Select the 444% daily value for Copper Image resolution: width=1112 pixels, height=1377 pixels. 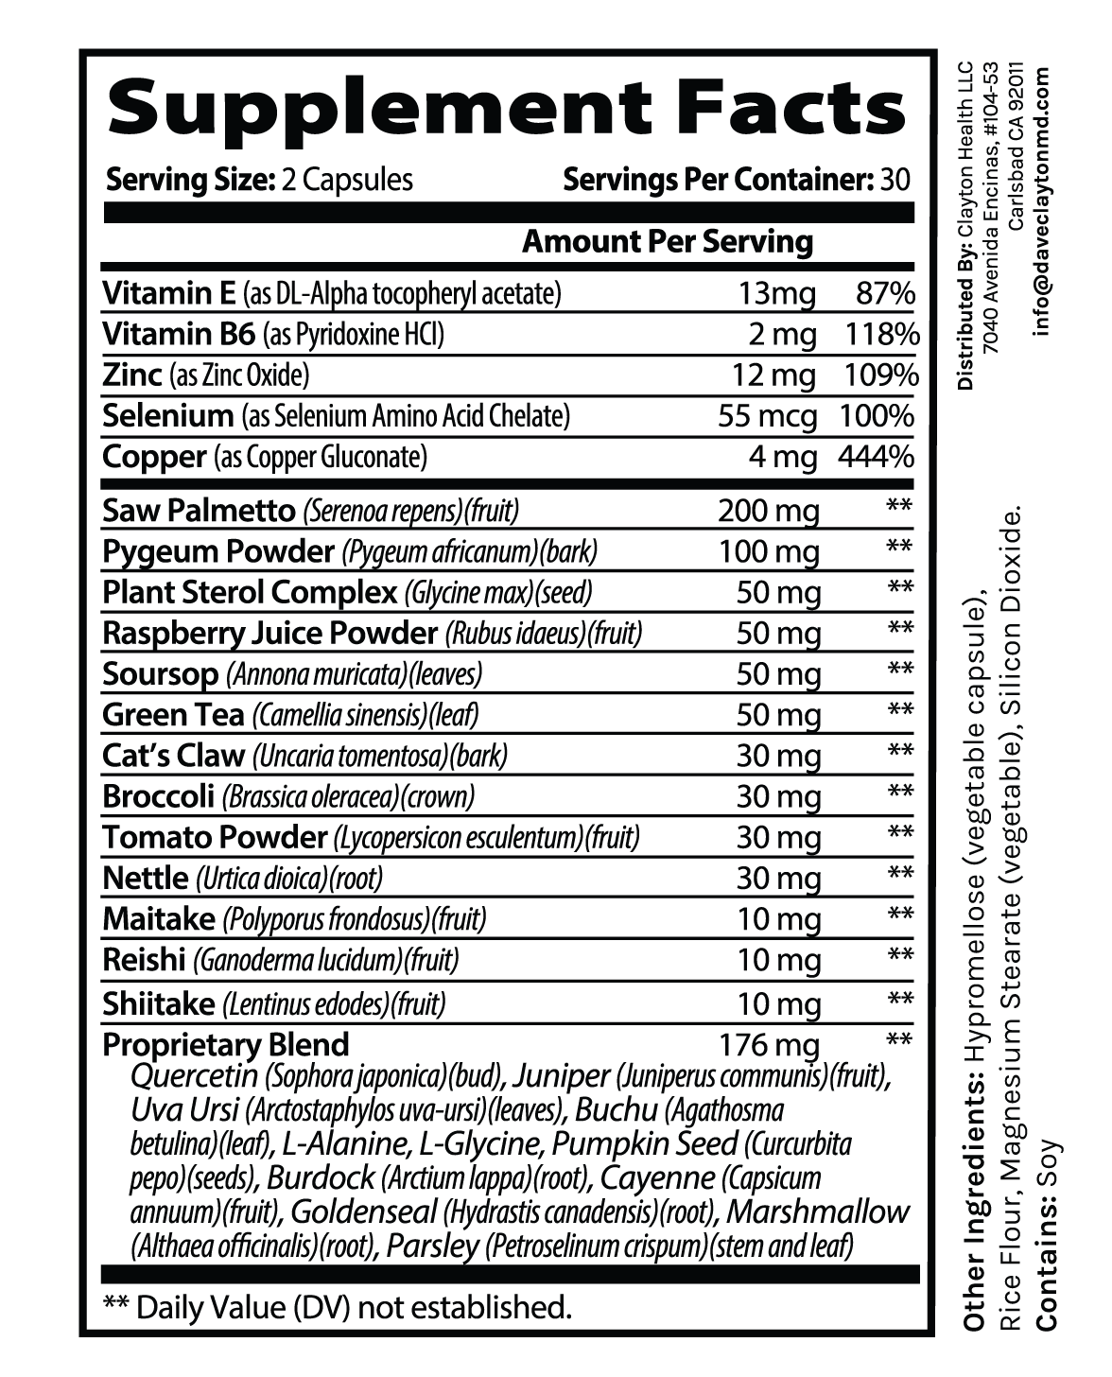876,458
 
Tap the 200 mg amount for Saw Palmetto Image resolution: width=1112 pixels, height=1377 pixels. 767,512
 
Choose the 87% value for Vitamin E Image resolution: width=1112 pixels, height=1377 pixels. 884,294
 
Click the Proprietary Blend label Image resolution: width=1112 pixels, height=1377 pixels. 225,1044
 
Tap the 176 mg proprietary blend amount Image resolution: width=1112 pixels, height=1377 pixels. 769,1045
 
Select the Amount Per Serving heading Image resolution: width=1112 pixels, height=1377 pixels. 668,241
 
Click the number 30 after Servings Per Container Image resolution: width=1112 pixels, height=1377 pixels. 895,180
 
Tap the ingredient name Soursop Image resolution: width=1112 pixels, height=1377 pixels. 161,674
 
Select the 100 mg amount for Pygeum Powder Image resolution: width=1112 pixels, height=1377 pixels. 768,552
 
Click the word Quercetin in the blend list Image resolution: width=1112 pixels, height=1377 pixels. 196,1076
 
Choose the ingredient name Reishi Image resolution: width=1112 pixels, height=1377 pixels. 144,960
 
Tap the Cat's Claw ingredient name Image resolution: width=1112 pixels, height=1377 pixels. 172,756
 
